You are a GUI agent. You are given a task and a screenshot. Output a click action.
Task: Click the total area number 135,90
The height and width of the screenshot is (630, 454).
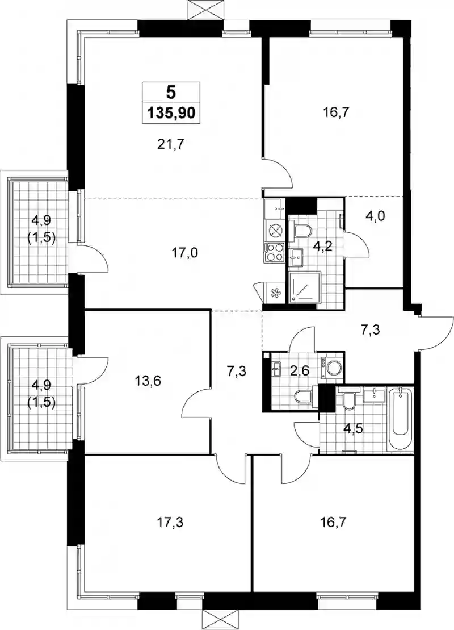[171, 113]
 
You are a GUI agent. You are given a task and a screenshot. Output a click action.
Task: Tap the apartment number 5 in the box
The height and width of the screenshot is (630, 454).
[171, 93]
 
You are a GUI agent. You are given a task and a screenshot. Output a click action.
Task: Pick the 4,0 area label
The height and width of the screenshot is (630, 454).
[376, 216]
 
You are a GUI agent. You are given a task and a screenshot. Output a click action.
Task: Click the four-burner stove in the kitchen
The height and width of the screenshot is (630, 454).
[274, 253]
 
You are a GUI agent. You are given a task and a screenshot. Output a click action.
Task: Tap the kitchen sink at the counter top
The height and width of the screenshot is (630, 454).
[275, 208]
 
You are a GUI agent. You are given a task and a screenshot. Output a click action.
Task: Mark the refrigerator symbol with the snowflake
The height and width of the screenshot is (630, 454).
[275, 293]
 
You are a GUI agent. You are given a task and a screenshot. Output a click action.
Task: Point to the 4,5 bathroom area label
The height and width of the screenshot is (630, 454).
[354, 429]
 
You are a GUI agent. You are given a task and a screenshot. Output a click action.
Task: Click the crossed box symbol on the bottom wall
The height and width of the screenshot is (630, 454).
[220, 620]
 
